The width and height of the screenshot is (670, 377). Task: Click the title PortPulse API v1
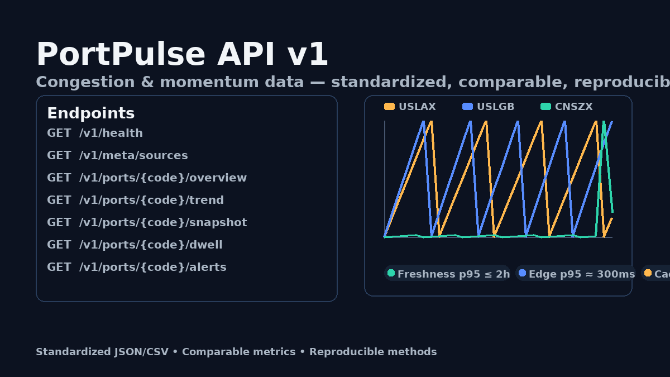(182, 55)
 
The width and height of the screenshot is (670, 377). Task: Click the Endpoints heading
(90, 113)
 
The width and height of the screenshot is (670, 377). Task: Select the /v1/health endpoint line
(95, 133)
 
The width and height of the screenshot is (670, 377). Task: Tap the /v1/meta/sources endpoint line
(117, 156)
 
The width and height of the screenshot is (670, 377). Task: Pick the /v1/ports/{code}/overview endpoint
(147, 178)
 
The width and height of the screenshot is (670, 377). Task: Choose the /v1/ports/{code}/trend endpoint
(135, 201)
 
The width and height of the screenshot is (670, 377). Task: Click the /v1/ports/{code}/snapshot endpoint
(147, 223)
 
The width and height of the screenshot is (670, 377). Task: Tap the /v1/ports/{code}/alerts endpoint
(137, 268)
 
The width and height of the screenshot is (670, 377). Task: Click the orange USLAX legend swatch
(389, 107)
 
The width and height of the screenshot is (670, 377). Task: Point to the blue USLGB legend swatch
(467, 107)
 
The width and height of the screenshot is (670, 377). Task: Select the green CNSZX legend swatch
(545, 107)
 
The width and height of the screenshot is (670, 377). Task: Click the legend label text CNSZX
(573, 107)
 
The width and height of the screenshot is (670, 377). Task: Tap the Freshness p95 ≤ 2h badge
(447, 274)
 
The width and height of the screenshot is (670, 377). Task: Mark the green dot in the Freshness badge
(391, 273)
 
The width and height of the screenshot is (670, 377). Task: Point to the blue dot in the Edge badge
(522, 273)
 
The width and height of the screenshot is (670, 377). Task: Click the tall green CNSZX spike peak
(604, 122)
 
